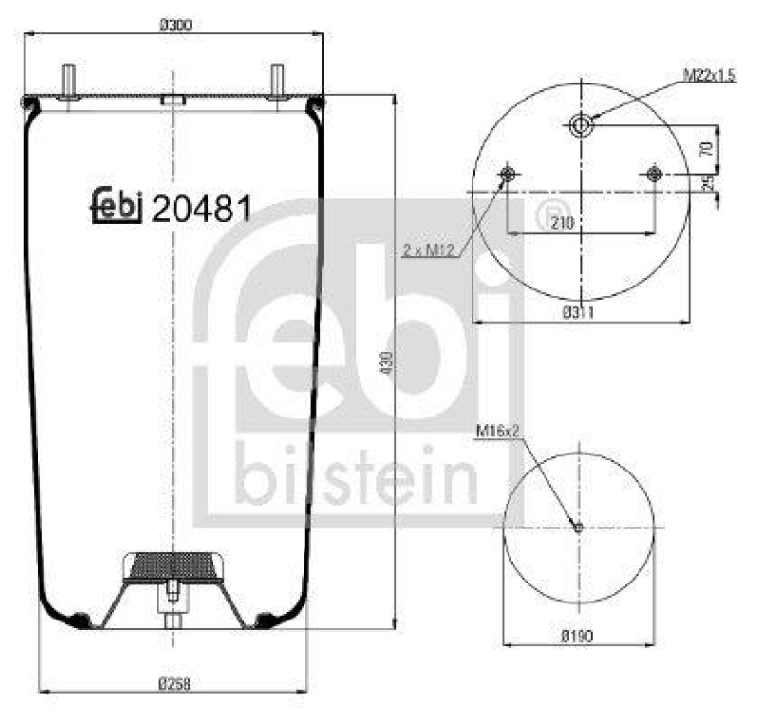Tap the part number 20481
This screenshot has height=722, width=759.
click(x=201, y=209)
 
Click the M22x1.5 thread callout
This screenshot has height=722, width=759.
click(x=708, y=75)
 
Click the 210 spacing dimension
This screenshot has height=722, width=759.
click(x=562, y=222)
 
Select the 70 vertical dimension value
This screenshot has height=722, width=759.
click(x=705, y=148)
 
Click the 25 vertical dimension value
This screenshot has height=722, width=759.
click(x=705, y=183)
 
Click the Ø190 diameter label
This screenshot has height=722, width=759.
click(x=578, y=636)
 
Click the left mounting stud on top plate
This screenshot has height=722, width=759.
click(x=69, y=80)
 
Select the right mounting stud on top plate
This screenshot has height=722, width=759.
click(x=277, y=80)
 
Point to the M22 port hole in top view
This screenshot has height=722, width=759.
click(x=580, y=123)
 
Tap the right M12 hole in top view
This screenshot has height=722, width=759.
click(x=653, y=174)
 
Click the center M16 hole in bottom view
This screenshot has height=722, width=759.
click(x=579, y=528)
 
